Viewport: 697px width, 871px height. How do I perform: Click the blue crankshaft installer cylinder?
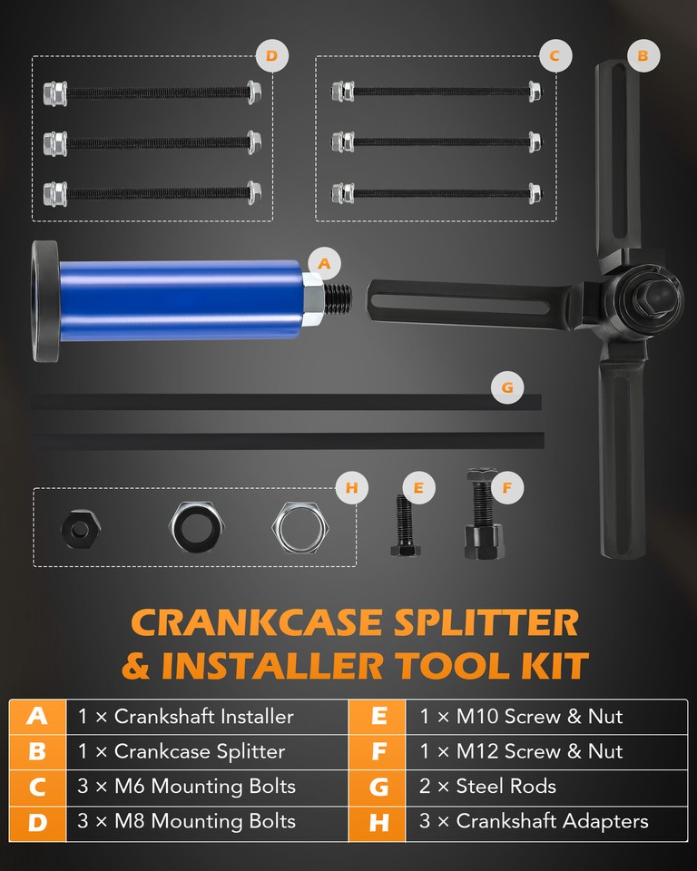(181, 300)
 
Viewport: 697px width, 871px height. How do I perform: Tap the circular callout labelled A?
(324, 263)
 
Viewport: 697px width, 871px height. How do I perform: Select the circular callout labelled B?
(643, 55)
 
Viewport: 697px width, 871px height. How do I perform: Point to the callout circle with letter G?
(507, 387)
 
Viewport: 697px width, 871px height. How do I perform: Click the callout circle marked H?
(352, 488)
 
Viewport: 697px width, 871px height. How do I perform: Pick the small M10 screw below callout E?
(405, 525)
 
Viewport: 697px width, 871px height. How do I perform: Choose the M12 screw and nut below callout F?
(484, 514)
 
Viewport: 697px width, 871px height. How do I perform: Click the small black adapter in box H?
(81, 529)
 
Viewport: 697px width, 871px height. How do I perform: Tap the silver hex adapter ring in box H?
(298, 528)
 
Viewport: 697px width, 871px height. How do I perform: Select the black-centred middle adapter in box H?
(196, 526)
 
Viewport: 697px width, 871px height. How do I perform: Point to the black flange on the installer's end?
(45, 301)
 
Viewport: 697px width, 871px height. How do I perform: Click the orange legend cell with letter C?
(37, 788)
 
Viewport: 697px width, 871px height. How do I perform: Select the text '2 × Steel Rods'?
(487, 786)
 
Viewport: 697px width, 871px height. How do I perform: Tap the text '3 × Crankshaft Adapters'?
(534, 822)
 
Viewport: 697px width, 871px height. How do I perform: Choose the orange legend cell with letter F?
(378, 751)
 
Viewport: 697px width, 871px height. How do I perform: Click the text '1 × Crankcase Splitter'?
(182, 751)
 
